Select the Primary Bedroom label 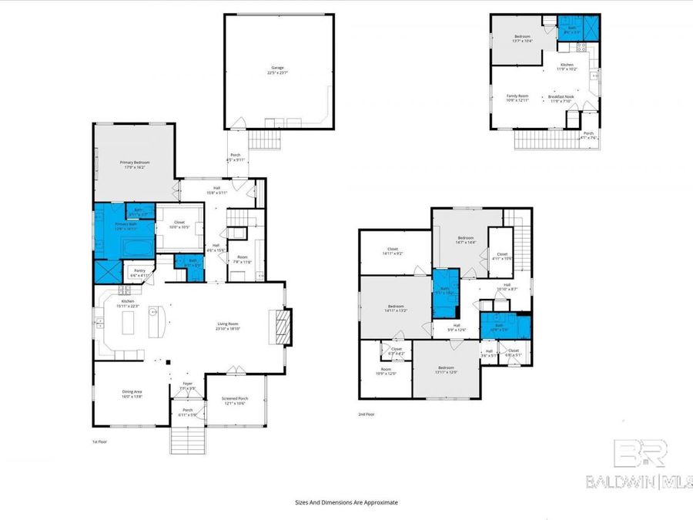tap(134, 163)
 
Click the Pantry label tap(139, 270)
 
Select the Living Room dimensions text tap(229, 329)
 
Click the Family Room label tap(517, 96)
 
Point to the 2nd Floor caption tap(367, 414)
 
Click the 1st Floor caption tap(100, 442)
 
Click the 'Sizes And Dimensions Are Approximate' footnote tap(346, 502)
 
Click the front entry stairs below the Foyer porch tap(187, 440)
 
